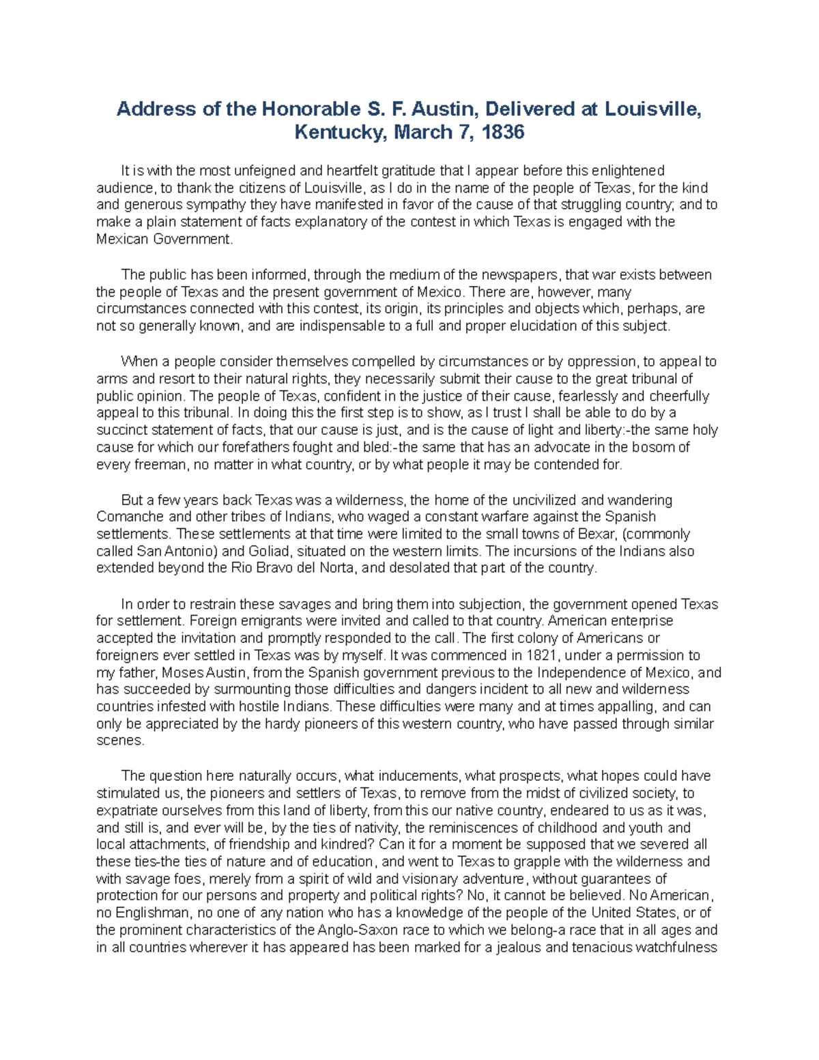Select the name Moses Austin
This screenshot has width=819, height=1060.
click(x=206, y=672)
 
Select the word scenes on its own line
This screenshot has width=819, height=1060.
click(x=119, y=741)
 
